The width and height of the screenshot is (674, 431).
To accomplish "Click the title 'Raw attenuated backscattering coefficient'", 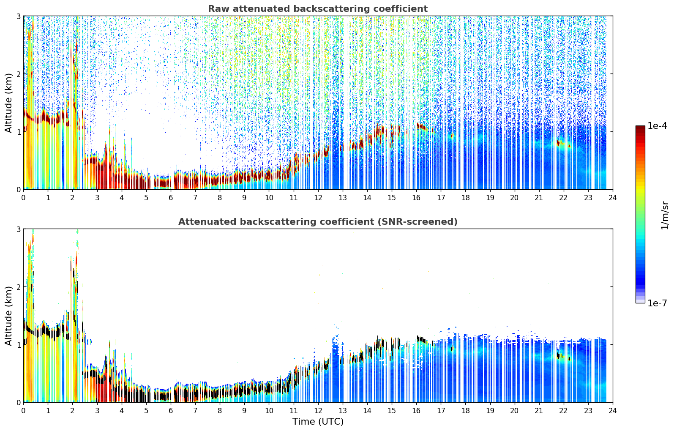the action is (x=318, y=9).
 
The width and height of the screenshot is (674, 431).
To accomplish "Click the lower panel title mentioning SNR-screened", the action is (x=318, y=222).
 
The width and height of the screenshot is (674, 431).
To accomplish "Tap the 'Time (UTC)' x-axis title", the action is (x=318, y=422).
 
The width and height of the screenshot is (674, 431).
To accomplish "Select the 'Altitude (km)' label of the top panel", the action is (x=9, y=103).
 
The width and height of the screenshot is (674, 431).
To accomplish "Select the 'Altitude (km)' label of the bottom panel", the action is (x=9, y=316).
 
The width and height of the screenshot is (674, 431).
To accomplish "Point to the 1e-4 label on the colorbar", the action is (x=657, y=126).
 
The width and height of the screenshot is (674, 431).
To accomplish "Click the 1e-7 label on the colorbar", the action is (x=657, y=303).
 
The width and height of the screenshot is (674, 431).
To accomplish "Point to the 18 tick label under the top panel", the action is (x=466, y=198).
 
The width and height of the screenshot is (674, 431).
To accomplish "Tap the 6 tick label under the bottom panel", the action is (x=171, y=411).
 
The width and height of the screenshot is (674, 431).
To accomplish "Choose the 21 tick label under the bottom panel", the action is (x=539, y=411).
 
